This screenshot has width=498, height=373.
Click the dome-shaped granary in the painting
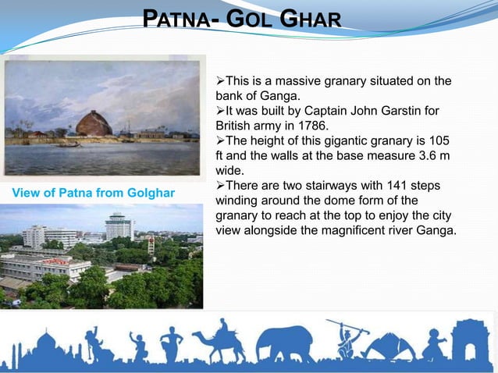point(94,124)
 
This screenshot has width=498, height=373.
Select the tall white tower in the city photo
point(119,226)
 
